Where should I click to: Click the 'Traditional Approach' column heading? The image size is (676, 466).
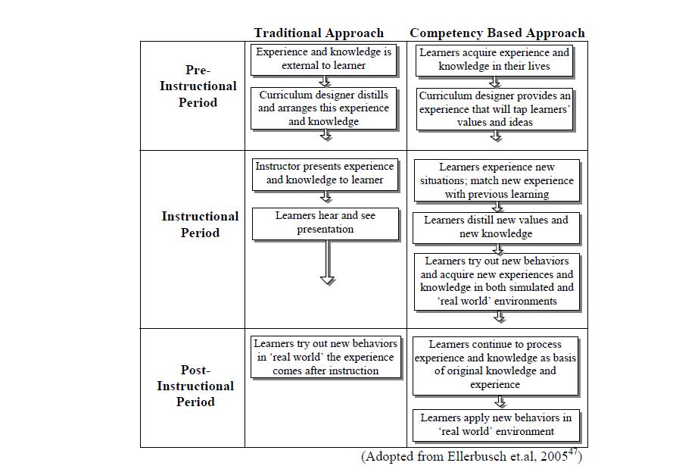[x=319, y=33]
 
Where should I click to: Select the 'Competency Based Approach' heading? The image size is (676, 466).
[x=497, y=33]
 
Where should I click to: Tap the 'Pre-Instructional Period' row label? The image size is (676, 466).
[x=198, y=86]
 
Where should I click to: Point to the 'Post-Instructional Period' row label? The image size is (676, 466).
[x=195, y=386]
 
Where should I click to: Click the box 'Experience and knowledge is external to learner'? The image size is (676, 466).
[x=324, y=61]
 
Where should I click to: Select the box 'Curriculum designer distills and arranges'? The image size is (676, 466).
[x=324, y=108]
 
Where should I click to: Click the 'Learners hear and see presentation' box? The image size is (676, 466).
[x=326, y=224]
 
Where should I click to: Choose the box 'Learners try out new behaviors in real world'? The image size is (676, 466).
[x=326, y=358]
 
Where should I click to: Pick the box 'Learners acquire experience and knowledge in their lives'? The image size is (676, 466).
[x=494, y=61]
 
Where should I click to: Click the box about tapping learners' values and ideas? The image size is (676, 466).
[x=495, y=109]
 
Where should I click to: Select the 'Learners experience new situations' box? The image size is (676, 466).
[x=497, y=180]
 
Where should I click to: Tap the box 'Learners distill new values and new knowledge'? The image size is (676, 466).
[x=497, y=228]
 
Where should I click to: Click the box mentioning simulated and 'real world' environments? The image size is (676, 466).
[x=497, y=282]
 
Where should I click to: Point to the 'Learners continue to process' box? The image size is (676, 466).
[x=495, y=366]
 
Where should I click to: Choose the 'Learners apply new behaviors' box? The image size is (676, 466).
[x=497, y=425]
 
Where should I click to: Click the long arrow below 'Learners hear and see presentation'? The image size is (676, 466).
[x=328, y=262]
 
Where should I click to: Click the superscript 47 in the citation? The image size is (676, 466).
[x=573, y=452]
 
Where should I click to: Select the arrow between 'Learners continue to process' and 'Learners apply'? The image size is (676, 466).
[x=500, y=402]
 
